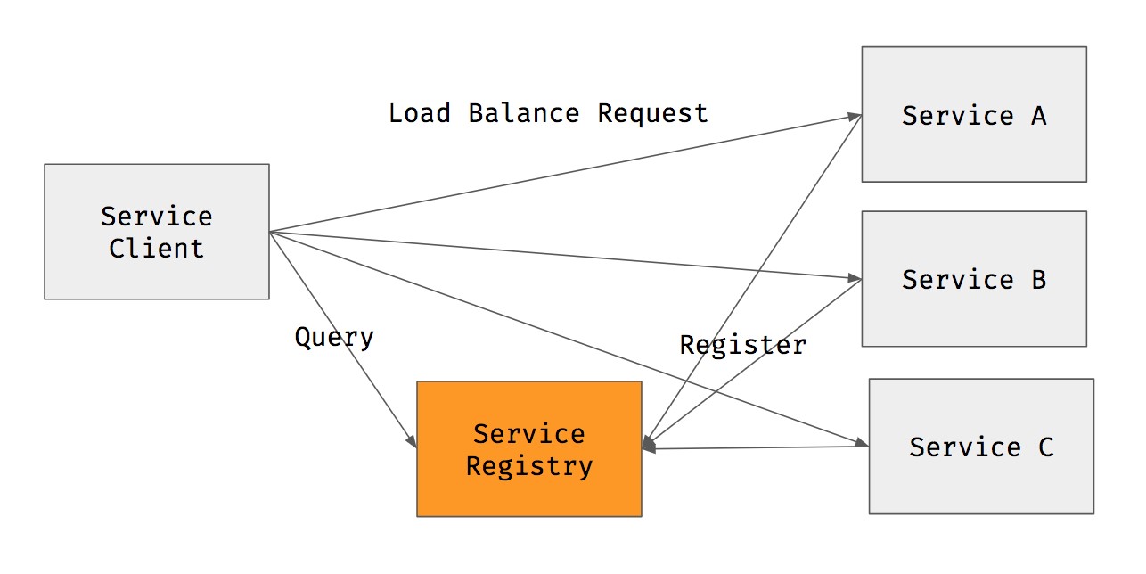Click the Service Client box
(x=156, y=231)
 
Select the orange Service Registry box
(x=528, y=448)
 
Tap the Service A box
(x=973, y=114)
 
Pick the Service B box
(x=973, y=278)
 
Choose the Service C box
(x=980, y=446)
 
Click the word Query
(x=334, y=338)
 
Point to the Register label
(x=742, y=345)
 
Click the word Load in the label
(x=419, y=113)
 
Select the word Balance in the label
(x=523, y=113)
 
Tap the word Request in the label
(x=652, y=113)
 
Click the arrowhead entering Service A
(x=855, y=116)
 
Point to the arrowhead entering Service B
(x=855, y=277)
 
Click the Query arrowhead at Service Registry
(x=412, y=442)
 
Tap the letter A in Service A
(x=1038, y=115)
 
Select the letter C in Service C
(x=1045, y=447)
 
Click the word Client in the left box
(x=156, y=248)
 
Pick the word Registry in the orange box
(x=528, y=466)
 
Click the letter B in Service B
(x=1038, y=279)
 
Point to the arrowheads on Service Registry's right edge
(x=649, y=446)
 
